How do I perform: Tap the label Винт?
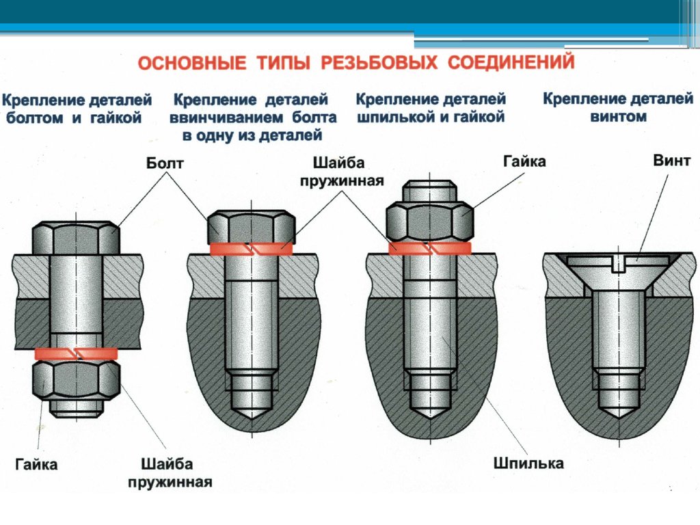672,162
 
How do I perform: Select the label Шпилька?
528,463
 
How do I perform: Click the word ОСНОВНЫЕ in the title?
192,64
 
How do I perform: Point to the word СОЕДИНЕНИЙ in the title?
510,64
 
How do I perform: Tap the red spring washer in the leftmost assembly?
76,353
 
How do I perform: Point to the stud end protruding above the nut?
429,191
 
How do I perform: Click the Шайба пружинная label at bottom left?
170,472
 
